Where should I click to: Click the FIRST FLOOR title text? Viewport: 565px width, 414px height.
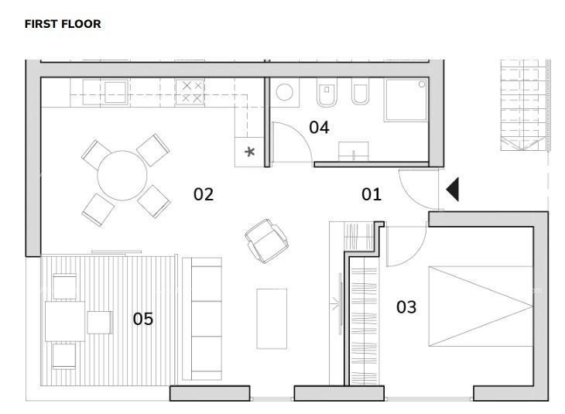[63, 24]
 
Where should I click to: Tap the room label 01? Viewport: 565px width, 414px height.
[372, 194]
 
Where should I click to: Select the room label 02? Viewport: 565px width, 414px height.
[203, 194]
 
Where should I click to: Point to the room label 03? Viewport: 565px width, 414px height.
[406, 307]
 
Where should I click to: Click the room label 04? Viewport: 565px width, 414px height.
[319, 128]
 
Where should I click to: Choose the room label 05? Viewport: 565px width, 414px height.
[143, 318]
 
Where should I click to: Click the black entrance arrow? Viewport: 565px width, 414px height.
[452, 190]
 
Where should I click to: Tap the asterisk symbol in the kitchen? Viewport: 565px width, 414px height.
[249, 152]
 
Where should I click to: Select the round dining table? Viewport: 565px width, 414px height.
[122, 175]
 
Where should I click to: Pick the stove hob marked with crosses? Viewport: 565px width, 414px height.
[192, 92]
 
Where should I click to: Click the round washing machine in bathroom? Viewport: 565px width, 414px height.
[285, 94]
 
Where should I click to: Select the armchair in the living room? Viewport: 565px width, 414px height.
[267, 239]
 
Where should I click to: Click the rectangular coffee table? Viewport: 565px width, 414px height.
[272, 318]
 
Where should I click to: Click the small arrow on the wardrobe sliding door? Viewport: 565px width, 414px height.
[337, 306]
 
